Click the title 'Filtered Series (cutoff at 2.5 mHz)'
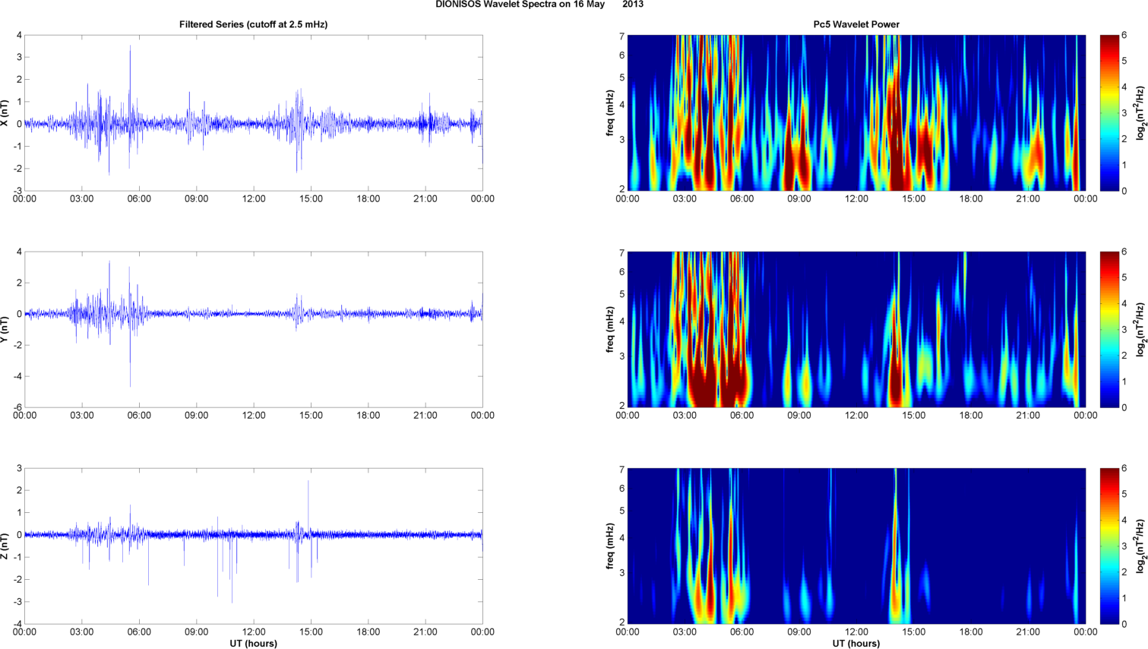click(x=253, y=24)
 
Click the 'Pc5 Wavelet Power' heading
click(x=856, y=24)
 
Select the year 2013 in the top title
click(x=633, y=4)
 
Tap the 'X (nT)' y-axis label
click(x=5, y=112)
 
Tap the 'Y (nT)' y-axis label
click(x=5, y=329)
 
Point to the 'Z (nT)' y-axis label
click(x=5, y=546)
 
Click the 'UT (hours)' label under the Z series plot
click(x=253, y=644)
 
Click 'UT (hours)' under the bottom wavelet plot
click(x=856, y=644)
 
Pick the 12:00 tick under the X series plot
click(x=254, y=199)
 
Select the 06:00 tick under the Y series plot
click(x=139, y=416)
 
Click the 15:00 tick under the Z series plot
click(x=311, y=632)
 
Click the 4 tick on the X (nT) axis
click(x=19, y=35)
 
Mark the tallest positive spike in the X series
click(x=130, y=47)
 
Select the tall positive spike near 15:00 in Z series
click(x=308, y=482)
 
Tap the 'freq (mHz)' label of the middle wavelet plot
click(x=610, y=329)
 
